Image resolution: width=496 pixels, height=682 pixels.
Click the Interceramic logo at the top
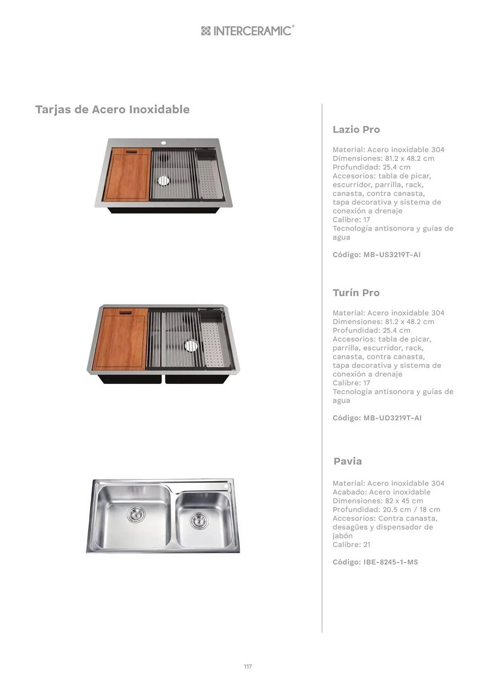click(x=248, y=31)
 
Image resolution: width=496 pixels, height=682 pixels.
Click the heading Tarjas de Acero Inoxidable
click(x=112, y=109)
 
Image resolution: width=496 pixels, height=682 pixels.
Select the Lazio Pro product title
click(x=356, y=130)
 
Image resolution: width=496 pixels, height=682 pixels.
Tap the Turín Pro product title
click(x=356, y=293)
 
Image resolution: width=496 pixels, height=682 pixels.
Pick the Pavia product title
click(x=348, y=461)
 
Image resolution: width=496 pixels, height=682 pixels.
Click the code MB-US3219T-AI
click(x=392, y=255)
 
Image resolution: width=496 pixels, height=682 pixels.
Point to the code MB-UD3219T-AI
click(x=392, y=418)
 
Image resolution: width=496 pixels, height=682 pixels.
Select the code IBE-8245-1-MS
click(x=391, y=562)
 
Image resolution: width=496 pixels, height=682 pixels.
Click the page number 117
click(x=248, y=666)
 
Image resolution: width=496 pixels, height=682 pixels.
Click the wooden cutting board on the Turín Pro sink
click(x=121, y=339)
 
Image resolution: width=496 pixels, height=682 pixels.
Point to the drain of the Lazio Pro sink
click(x=163, y=180)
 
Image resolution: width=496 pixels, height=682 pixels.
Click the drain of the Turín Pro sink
click(x=191, y=345)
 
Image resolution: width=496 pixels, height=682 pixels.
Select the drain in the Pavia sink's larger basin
click(x=136, y=514)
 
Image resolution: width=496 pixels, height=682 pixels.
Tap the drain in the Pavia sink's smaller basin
click(x=199, y=521)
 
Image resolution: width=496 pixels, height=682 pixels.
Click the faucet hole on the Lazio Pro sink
click(x=163, y=143)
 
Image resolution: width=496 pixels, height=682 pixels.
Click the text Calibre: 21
click(x=351, y=545)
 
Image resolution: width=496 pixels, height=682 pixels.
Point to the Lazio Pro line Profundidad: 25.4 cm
click(x=372, y=167)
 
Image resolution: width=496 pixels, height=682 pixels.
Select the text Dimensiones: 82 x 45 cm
click(x=378, y=501)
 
